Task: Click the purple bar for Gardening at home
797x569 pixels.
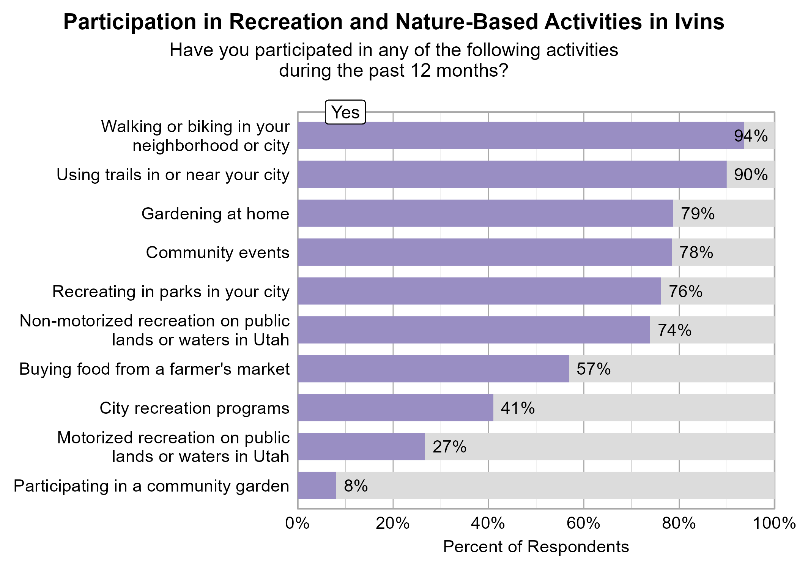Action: pos(485,213)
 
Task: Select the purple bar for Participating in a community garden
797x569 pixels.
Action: pos(317,485)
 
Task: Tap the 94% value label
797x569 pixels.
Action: pos(751,136)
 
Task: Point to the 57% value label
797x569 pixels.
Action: pos(594,369)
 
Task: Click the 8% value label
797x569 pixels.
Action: pos(356,486)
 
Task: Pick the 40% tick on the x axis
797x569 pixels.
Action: pos(488,523)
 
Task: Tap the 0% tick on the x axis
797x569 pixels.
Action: pos(298,523)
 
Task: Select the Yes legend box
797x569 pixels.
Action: pos(345,112)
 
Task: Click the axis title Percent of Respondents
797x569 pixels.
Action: pos(536,547)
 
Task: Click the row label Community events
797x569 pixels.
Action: pos(217,252)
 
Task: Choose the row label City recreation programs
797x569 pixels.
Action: pos(194,408)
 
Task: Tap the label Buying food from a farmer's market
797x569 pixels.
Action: pos(154,369)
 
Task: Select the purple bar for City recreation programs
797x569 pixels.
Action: pos(395,408)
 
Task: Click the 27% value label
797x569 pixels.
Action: pos(449,447)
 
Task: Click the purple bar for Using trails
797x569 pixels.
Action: pos(512,174)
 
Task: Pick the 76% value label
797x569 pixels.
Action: pos(685,292)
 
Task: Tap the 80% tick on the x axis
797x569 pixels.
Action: pos(679,523)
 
